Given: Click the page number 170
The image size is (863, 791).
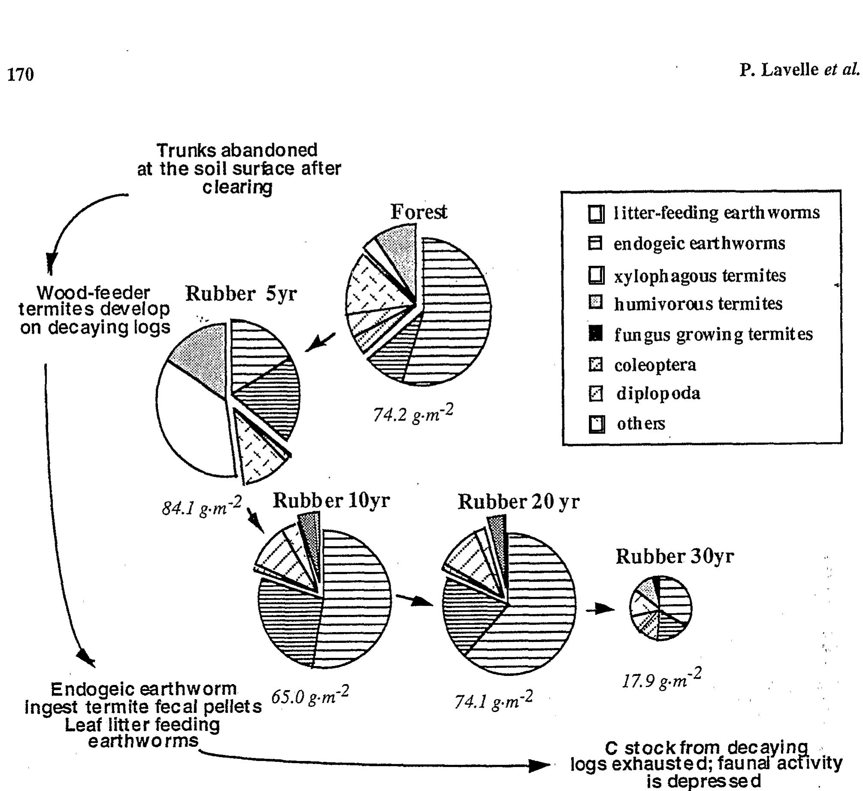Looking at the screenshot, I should [x=20, y=74].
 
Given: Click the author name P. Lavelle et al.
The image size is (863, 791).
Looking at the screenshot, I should [x=799, y=69].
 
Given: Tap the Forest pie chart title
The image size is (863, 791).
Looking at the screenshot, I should [x=418, y=212].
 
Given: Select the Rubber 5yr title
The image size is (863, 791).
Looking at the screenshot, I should [x=241, y=294].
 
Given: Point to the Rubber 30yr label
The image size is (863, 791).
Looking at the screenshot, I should [x=674, y=557].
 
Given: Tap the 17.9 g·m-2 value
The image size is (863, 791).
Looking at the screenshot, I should [x=661, y=680].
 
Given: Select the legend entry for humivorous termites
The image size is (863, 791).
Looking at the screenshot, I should [x=698, y=304].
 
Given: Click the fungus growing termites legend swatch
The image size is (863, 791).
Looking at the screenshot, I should [x=596, y=333].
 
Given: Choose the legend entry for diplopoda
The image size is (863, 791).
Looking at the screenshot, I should [x=658, y=393].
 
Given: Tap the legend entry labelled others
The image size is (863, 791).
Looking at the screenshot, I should [x=640, y=424].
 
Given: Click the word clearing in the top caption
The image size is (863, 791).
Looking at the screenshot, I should [x=237, y=187].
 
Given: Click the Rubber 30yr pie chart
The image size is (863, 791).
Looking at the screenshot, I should [x=660, y=608].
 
